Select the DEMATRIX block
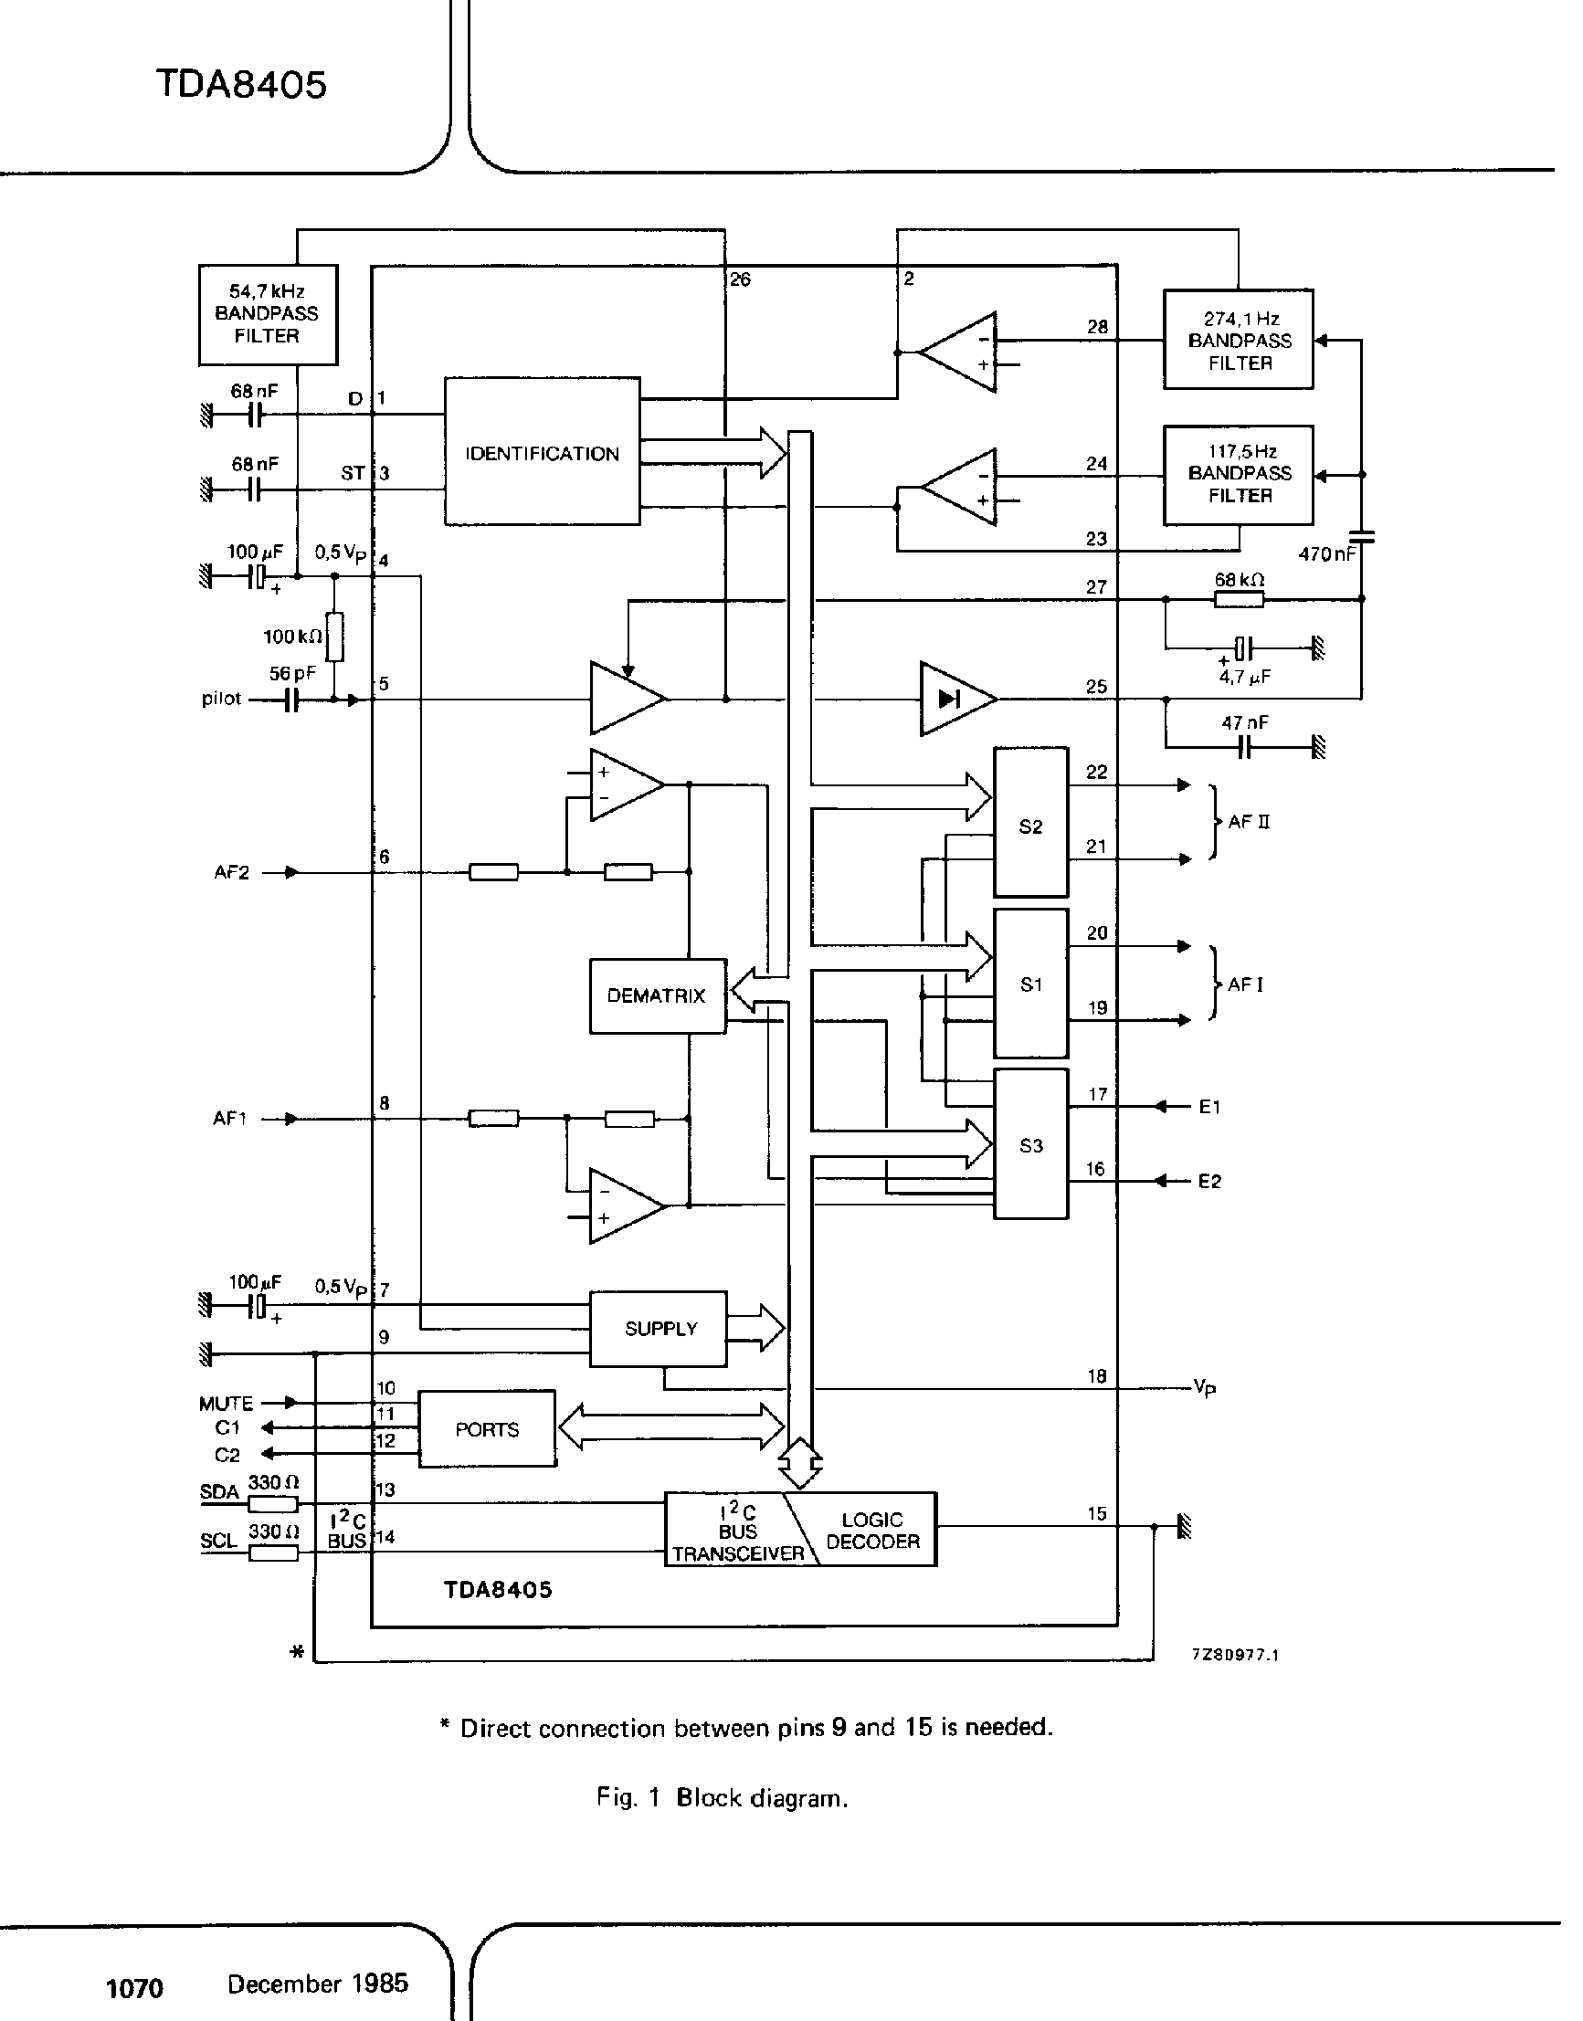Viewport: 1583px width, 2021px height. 657,996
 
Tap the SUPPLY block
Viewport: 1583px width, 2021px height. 660,1329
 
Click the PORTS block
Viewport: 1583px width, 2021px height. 488,1429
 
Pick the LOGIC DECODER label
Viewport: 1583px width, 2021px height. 872,1530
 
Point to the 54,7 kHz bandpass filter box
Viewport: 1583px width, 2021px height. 268,314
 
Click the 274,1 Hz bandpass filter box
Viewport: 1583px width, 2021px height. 1240,340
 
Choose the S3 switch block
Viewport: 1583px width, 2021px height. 1030,1145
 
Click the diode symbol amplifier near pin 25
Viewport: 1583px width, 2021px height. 955,699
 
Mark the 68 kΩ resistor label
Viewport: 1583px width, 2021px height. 1240,580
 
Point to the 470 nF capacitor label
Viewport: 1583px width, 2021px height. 1327,555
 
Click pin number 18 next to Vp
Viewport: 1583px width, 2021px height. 1097,1376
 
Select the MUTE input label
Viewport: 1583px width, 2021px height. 226,1403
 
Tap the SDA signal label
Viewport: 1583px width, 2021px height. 218,1492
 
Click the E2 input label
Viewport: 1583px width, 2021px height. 1209,1182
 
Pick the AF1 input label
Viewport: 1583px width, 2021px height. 230,1120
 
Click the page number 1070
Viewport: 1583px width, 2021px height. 135,1987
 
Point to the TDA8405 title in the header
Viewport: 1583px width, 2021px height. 241,84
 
